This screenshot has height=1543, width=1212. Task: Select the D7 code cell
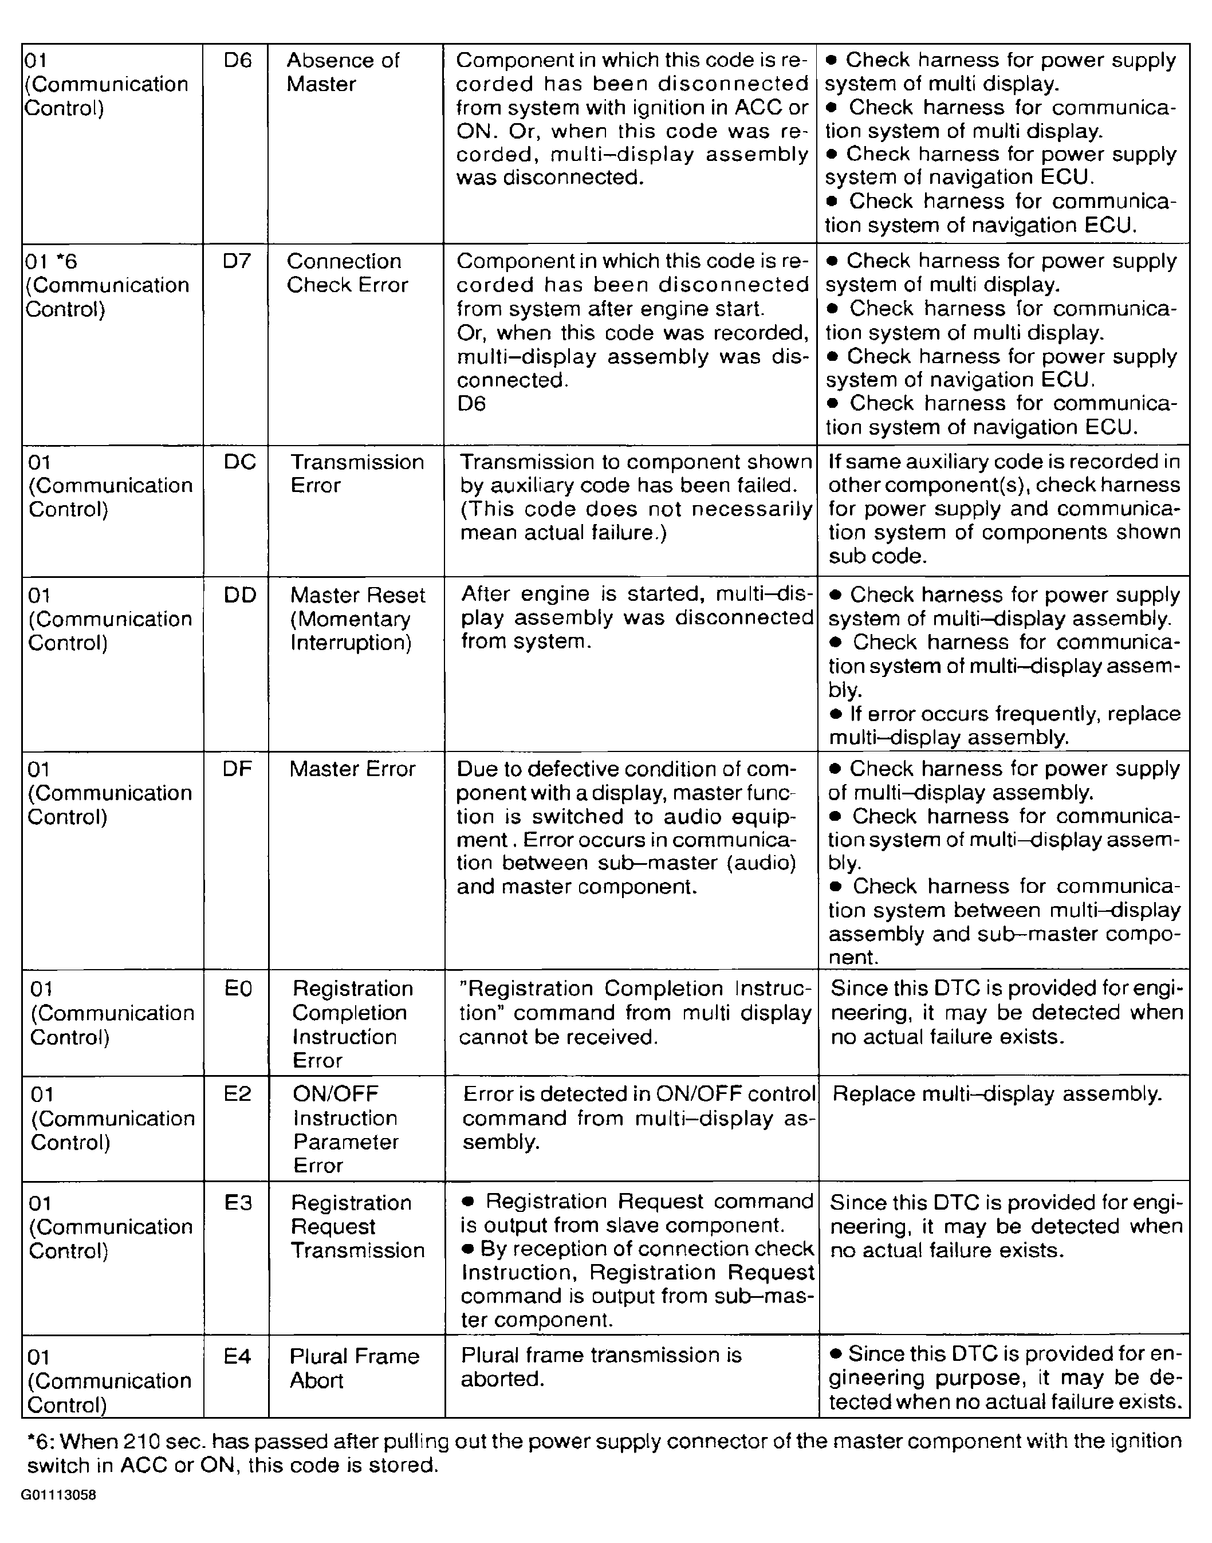pos(237,262)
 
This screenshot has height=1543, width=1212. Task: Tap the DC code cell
pos(239,463)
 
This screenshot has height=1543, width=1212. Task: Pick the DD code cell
pos(240,595)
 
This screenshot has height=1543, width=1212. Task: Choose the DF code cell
pos(237,769)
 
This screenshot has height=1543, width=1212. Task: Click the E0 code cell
pos(238,989)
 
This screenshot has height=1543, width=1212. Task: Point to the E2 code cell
pos(237,1094)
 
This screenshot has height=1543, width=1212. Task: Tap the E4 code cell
pos(237,1356)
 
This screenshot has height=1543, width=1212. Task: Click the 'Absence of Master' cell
pos(343,72)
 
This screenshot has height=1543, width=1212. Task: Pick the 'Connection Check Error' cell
pos(347,273)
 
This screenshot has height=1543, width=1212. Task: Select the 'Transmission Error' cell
pos(357,474)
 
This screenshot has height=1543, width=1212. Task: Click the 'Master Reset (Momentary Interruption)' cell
pos(357,619)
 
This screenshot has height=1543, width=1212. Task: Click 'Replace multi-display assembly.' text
pos(997,1094)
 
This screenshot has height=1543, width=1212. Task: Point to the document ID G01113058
pos(58,1495)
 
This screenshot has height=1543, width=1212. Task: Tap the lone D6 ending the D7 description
pos(471,404)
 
